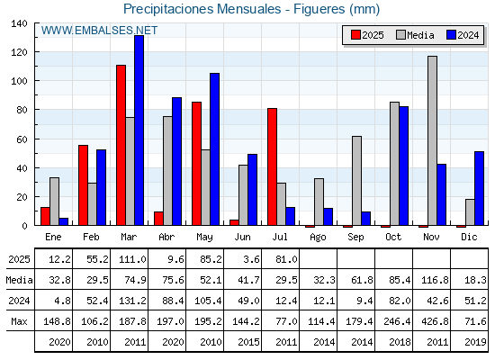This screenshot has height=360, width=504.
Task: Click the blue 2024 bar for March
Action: [x=139, y=130]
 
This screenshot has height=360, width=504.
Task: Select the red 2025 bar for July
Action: [x=272, y=166]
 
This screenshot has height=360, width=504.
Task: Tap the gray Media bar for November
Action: [x=432, y=140]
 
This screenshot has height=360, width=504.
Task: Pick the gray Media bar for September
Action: [x=356, y=181]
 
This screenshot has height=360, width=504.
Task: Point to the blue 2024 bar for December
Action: [x=479, y=188]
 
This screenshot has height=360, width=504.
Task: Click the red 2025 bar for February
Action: [x=83, y=185]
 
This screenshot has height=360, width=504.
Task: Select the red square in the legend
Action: [x=355, y=35]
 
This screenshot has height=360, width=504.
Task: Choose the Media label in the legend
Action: [x=420, y=35]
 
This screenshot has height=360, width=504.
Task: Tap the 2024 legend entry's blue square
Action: [x=451, y=35]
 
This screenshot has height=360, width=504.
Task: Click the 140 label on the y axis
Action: [x=19, y=23]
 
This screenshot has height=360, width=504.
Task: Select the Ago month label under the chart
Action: [x=319, y=238]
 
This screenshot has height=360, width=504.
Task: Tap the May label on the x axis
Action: [x=205, y=238]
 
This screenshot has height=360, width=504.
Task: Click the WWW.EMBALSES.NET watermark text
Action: [x=99, y=31]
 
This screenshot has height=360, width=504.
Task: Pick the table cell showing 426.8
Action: [x=435, y=321]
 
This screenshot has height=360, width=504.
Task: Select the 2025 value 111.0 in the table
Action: [x=132, y=259]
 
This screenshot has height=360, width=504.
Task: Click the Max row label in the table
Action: [x=19, y=321]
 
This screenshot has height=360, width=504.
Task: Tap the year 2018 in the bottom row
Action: [x=400, y=342]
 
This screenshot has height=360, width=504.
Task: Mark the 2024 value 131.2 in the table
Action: [x=132, y=301]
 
